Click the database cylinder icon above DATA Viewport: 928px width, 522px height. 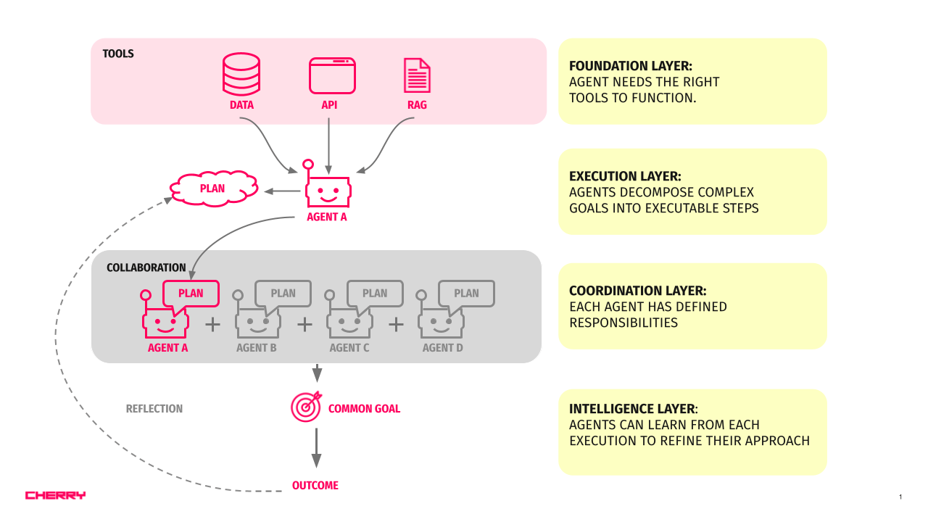(x=241, y=75)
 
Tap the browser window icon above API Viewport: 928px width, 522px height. (x=332, y=75)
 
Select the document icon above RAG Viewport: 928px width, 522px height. (x=417, y=75)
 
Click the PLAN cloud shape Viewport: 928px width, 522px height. (x=213, y=188)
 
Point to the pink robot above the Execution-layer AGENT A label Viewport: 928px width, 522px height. (x=327, y=190)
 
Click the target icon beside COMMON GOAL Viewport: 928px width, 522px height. (x=305, y=407)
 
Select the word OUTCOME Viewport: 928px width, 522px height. (x=315, y=485)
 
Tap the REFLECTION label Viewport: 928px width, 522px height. (x=154, y=409)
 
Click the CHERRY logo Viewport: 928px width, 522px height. (x=55, y=495)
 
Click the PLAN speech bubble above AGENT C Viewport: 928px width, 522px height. (x=375, y=294)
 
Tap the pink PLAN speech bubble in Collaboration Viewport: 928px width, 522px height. (x=191, y=294)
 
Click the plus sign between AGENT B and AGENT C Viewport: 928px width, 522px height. (x=304, y=324)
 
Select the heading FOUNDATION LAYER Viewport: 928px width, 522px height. (x=631, y=66)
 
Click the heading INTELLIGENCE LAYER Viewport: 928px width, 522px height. (x=633, y=408)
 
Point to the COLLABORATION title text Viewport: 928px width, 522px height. (x=146, y=268)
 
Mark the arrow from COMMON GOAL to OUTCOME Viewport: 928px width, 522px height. (x=316, y=448)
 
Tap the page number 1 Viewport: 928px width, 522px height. (x=900, y=497)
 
